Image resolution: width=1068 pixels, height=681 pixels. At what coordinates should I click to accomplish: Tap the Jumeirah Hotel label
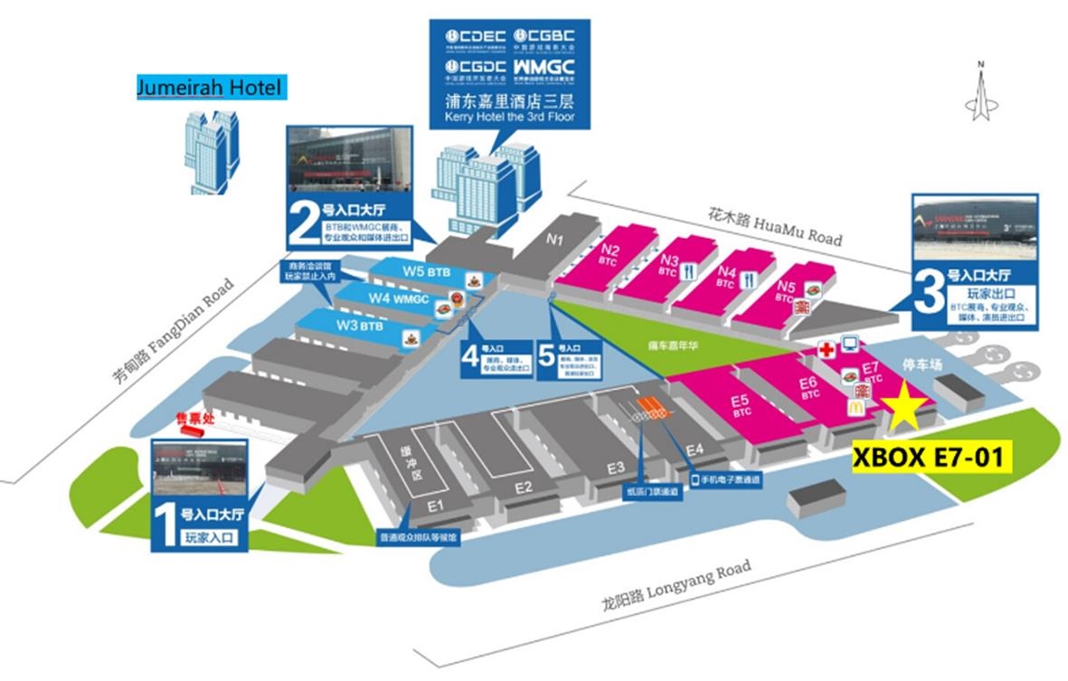[209, 88]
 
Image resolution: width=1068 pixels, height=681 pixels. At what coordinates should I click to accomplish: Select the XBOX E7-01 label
[931, 457]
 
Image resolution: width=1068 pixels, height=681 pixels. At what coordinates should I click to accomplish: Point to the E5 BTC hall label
[740, 403]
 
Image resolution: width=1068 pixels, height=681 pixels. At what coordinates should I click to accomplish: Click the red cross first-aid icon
[826, 349]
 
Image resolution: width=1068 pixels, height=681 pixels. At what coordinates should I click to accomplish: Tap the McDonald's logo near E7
[855, 408]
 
